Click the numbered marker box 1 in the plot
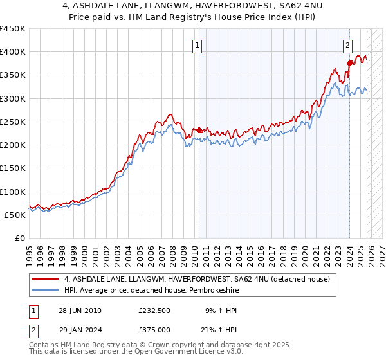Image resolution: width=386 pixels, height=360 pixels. coord(196,45)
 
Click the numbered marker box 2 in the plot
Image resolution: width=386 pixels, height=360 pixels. coord(347,45)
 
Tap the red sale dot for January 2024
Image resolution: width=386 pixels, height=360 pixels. coord(349,63)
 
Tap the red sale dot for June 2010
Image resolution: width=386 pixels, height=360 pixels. coord(199,130)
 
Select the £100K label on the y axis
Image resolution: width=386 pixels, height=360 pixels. coord(13,192)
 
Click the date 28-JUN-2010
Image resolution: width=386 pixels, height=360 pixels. coord(80,310)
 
